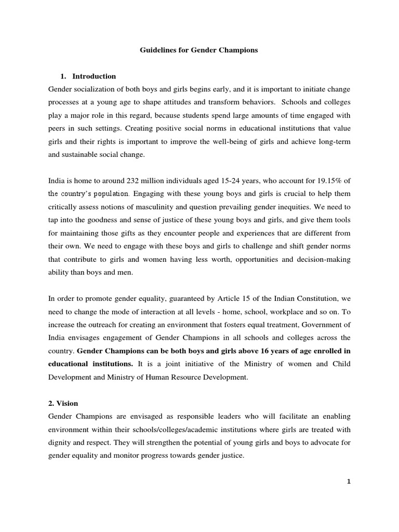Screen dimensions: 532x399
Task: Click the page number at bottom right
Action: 349,481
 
